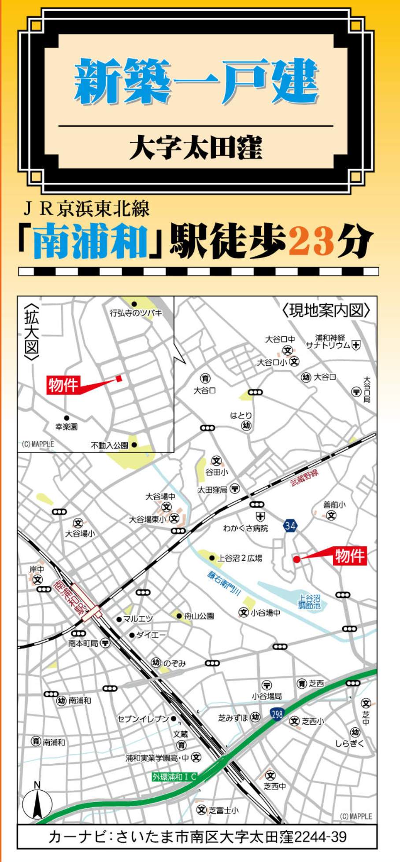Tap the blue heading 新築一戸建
[x=196, y=82]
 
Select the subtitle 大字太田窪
[x=196, y=147]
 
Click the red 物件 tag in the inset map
[x=63, y=385]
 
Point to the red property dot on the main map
[x=297, y=559]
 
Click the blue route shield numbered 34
[x=290, y=526]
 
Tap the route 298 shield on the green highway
[x=277, y=714]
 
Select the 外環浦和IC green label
[x=174, y=777]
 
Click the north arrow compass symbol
[x=37, y=803]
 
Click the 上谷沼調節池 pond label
[x=309, y=602]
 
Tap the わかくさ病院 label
[x=245, y=528]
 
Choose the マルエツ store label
[x=138, y=619]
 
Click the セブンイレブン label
[x=143, y=719]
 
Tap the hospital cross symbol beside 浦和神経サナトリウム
[x=356, y=345]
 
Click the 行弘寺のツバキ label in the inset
[x=136, y=313]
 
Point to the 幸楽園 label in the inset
[x=67, y=427]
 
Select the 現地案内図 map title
[x=326, y=310]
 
